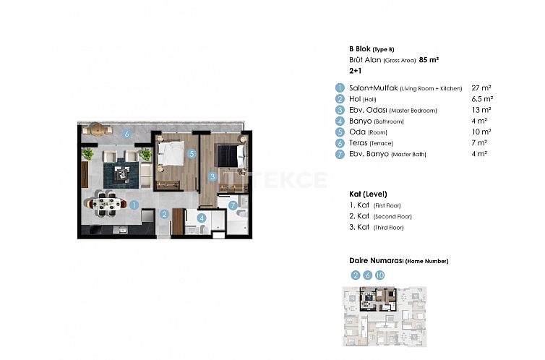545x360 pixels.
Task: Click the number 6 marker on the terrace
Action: tap(126, 133)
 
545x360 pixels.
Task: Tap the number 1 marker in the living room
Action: tap(134, 205)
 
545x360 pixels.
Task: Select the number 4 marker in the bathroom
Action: tap(202, 217)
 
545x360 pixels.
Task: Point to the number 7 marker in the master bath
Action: tap(233, 205)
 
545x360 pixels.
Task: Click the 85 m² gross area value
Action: tap(431, 61)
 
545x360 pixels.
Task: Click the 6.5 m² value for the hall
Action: tap(481, 98)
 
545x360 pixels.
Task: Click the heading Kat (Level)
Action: tap(368, 194)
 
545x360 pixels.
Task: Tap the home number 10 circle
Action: tap(379, 275)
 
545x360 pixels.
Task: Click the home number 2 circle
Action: tap(355, 275)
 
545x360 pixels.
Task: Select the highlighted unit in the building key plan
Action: tap(380, 296)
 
